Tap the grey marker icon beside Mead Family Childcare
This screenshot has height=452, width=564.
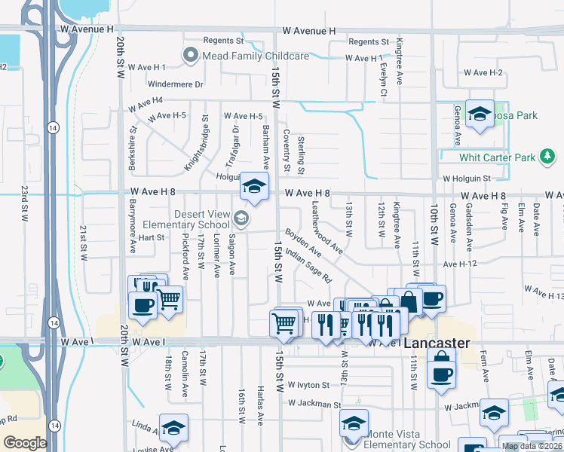[190, 56]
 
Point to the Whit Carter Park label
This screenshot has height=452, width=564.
[497, 157]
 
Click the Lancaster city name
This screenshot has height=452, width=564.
[437, 343]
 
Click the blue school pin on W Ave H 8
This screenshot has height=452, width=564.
[255, 185]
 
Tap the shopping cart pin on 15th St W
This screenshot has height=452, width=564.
[284, 322]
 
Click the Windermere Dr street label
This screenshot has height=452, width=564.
[176, 84]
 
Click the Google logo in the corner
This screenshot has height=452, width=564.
[25, 443]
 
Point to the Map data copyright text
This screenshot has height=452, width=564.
[532, 446]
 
